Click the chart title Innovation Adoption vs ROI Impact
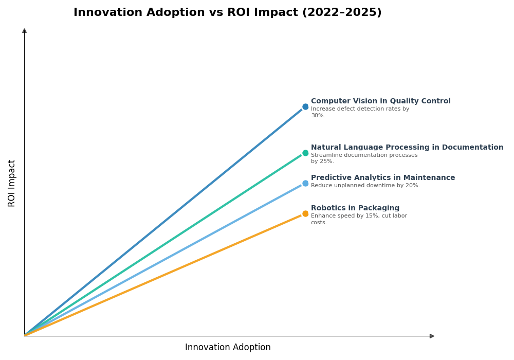pyautogui.click(x=227, y=13)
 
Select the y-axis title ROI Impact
pyautogui.click(x=12, y=183)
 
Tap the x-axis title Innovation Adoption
pyautogui.click(x=228, y=348)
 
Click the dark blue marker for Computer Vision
pyautogui.click(x=305, y=107)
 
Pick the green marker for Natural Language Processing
pyautogui.click(x=305, y=153)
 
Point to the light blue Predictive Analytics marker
pyautogui.click(x=305, y=184)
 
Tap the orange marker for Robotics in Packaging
pyautogui.click(x=305, y=214)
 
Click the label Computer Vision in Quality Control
pyautogui.click(x=380, y=101)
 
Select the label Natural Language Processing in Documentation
pyautogui.click(x=407, y=148)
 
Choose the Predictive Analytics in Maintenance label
pyautogui.click(x=382, y=178)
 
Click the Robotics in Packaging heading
pyautogui.click(x=355, y=208)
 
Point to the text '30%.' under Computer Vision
pyautogui.click(x=318, y=116)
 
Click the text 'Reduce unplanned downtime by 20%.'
pyautogui.click(x=365, y=186)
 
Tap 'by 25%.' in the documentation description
pyautogui.click(x=322, y=161)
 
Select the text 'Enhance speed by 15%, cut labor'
pyautogui.click(x=359, y=216)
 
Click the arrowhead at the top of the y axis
pyautogui.click(x=24, y=31)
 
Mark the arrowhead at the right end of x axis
pyautogui.click(x=432, y=336)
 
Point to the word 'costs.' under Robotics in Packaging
pyautogui.click(x=319, y=223)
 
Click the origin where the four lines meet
pyautogui.click(x=25, y=336)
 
